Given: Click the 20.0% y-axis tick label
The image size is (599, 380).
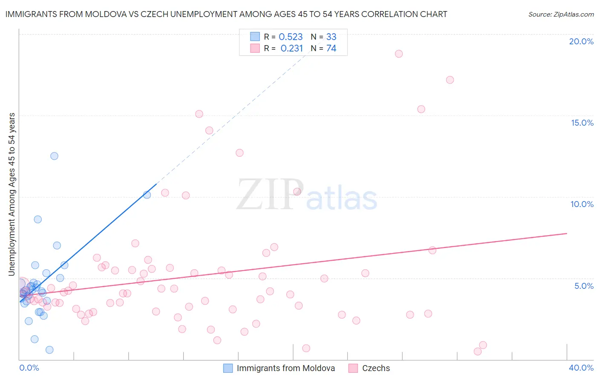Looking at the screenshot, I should pos(581,41).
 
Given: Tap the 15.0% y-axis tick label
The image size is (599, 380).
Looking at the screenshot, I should pos(582,123).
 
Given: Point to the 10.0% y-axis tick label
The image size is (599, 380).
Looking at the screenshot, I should pos(582,204).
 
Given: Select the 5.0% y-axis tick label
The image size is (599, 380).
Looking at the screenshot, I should pos(584,286).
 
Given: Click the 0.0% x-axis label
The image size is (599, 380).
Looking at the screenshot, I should pos(29,368).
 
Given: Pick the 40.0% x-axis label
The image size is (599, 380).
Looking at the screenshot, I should pos(581,368).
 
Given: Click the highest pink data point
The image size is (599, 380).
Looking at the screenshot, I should pos(399,54).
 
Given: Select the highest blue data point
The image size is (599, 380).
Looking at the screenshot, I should pos(54,156).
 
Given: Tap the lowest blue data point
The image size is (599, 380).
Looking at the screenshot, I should pos(49,350).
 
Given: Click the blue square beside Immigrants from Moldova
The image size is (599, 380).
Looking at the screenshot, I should pos(228,368).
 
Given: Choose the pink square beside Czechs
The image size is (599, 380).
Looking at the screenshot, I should pos(353,368).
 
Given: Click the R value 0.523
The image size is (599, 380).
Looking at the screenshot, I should pos(291,37).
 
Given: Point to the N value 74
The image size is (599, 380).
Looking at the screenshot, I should pos(331,49).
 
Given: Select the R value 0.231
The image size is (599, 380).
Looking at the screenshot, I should pos(291,49).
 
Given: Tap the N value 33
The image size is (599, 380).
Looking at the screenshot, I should pos(331,37).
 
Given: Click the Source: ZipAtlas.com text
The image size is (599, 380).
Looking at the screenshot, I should pos(561,14).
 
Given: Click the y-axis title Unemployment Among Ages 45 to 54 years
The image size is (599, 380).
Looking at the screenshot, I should pos(12,194).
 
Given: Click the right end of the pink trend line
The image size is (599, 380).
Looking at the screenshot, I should pos(567,233).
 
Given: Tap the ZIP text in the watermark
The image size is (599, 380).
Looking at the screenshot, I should pos(270,195).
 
